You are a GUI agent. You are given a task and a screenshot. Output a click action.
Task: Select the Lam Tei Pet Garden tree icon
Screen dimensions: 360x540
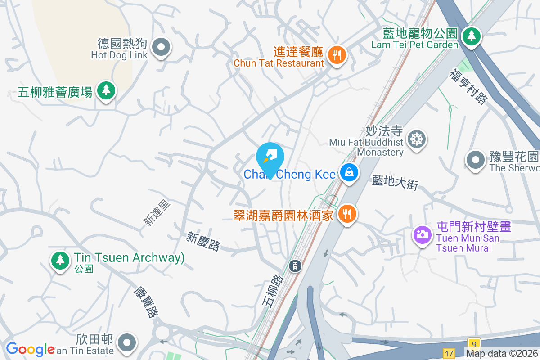coord(471,35)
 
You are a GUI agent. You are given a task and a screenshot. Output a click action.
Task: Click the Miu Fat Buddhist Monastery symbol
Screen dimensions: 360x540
coord(417,139)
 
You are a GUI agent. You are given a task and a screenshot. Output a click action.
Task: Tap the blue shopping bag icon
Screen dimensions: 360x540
coord(349,172)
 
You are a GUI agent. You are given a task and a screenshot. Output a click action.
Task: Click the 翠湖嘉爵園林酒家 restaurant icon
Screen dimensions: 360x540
coord(346,214)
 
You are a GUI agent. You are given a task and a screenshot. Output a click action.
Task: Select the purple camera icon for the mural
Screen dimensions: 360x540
coord(422,234)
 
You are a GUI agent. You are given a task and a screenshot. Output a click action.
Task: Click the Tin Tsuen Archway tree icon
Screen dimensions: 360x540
coord(60,260)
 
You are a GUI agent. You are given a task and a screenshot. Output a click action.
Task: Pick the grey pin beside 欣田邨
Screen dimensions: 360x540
coord(127,343)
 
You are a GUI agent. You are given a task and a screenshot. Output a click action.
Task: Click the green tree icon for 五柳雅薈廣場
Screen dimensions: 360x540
coord(106,90)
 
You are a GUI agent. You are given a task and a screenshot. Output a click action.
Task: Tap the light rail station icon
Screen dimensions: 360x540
coord(295,266)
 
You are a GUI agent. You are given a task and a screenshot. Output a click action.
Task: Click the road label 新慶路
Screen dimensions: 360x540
coord(204,242)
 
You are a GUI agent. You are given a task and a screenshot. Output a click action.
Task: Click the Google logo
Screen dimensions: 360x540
coord(30,349)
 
